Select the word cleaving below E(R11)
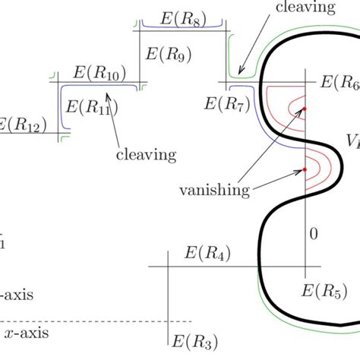(x=146, y=155)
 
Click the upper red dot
(x=305, y=110)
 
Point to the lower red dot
(x=305, y=169)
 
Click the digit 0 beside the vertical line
(x=312, y=235)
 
